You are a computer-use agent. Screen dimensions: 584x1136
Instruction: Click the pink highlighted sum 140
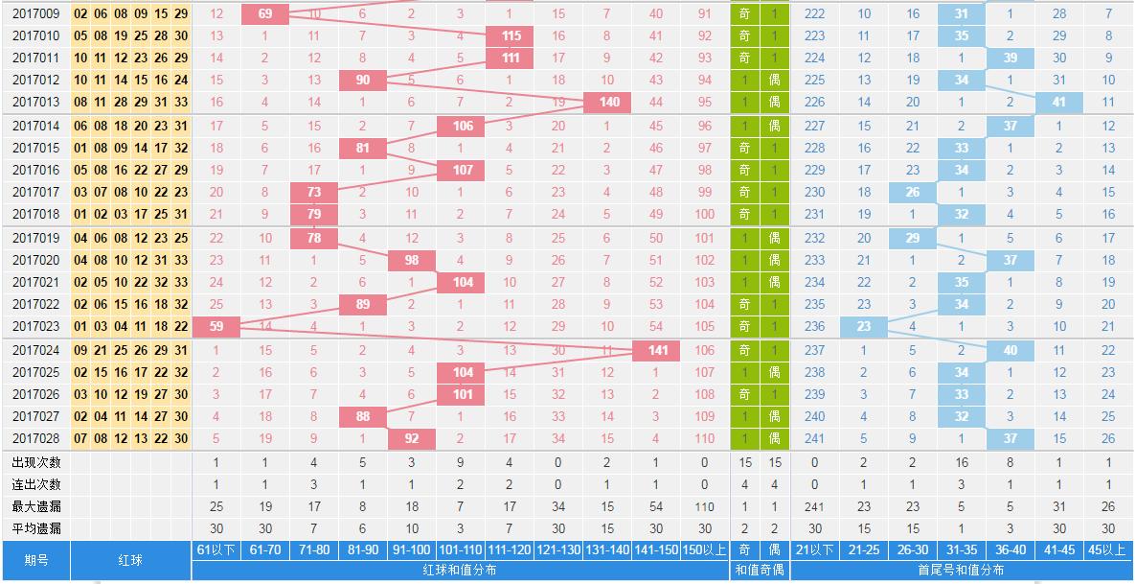pyautogui.click(x=608, y=102)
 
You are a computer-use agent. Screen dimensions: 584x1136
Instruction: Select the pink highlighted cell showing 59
pyautogui.click(x=216, y=326)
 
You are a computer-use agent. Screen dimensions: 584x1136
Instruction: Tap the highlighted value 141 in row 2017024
pyautogui.click(x=657, y=350)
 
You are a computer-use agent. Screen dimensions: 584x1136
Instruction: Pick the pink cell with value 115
pyautogui.click(x=511, y=35)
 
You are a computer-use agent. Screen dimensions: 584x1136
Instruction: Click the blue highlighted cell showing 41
pyautogui.click(x=1058, y=102)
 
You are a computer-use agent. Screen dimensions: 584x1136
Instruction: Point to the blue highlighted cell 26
pyautogui.click(x=913, y=192)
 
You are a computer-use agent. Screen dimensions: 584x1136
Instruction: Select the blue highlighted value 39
pyautogui.click(x=1011, y=58)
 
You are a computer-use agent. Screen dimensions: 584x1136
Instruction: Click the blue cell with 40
pyautogui.click(x=1011, y=350)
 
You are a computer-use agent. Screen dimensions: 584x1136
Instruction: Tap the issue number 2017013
pyautogui.click(x=36, y=102)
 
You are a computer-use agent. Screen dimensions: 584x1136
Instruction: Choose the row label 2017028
pyautogui.click(x=36, y=438)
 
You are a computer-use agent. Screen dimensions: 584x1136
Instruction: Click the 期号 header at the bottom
pyautogui.click(x=36, y=560)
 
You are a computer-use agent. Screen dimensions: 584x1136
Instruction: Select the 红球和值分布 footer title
pyautogui.click(x=461, y=570)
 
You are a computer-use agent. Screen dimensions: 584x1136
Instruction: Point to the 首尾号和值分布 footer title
pyautogui.click(x=962, y=570)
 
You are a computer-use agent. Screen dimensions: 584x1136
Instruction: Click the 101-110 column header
pyautogui.click(x=461, y=549)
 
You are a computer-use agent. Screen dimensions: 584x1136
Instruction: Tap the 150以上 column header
pyautogui.click(x=705, y=549)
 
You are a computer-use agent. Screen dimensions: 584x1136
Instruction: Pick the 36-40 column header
pyautogui.click(x=1011, y=549)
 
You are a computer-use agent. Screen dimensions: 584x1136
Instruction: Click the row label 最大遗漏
pyautogui.click(x=36, y=505)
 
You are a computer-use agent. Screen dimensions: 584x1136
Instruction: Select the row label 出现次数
pyautogui.click(x=36, y=461)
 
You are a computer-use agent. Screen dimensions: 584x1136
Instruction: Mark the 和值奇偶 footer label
pyautogui.click(x=760, y=570)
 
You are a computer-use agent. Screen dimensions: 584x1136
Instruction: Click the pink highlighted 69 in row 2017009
pyautogui.click(x=265, y=13)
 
